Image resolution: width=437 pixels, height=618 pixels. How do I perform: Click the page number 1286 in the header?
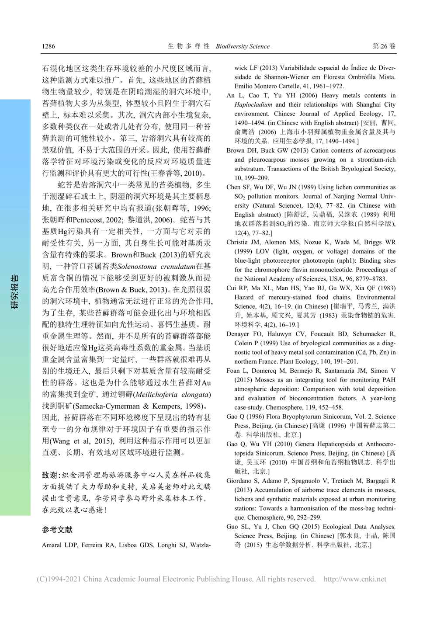pos(49,46)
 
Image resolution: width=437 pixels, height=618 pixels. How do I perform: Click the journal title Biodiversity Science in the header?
pos(243,46)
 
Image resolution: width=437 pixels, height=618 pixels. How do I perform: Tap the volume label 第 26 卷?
pos(384,46)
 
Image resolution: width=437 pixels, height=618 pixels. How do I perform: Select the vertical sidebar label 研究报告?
pos(15,292)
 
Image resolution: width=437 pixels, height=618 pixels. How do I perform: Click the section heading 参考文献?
pos(57,530)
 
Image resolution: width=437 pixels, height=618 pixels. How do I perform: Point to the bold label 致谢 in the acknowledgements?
pos(50,475)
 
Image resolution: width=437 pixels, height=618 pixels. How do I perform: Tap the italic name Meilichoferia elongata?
pos(173,395)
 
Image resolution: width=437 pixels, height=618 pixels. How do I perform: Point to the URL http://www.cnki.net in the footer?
pos(355,579)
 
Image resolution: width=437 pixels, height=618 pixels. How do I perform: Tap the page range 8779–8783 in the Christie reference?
pos(369,279)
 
